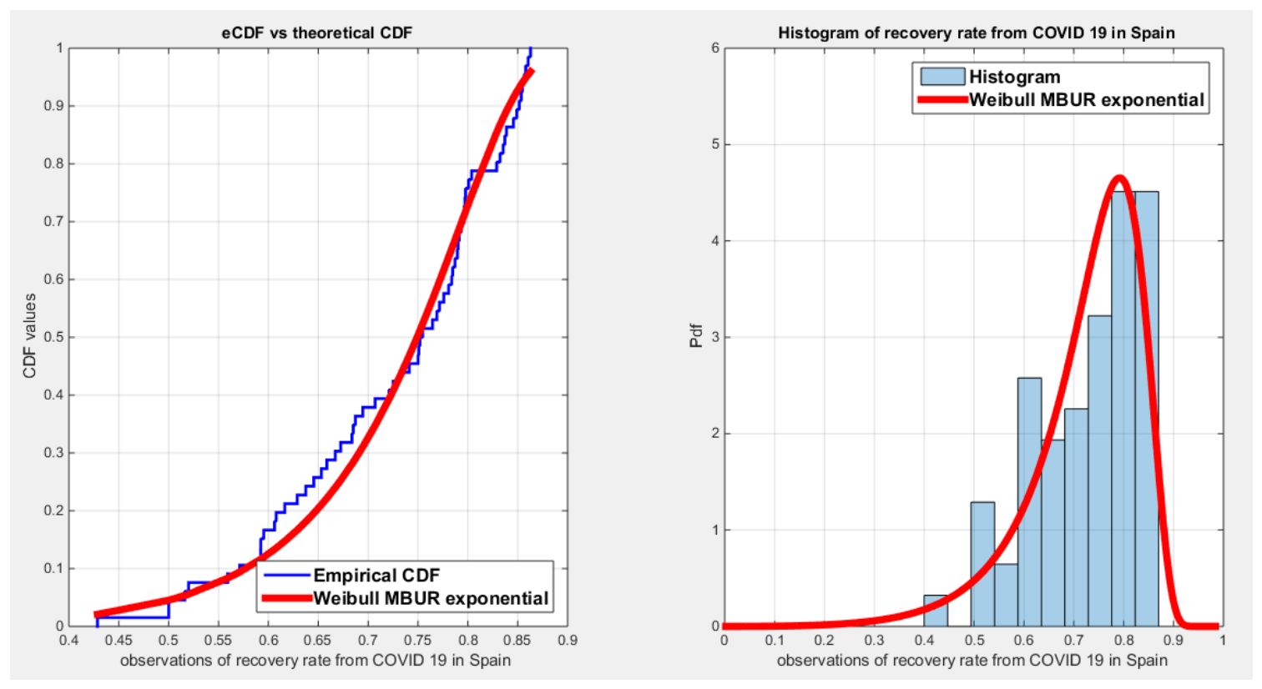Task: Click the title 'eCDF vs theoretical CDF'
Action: [316, 33]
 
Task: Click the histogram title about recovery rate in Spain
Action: [977, 33]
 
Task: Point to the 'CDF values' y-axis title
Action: [29, 336]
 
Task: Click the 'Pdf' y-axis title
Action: [696, 336]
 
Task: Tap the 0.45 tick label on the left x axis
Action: [119, 641]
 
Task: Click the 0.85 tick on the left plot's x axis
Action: [517, 641]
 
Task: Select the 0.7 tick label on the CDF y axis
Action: [53, 221]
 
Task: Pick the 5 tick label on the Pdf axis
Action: [715, 144]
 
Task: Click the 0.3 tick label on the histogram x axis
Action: [874, 641]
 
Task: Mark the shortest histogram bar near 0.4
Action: [935, 611]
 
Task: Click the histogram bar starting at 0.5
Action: [982, 564]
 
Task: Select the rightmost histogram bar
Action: [1147, 410]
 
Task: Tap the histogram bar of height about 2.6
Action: [1029, 502]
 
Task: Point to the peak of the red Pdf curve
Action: [1119, 179]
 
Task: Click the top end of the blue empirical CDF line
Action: [530, 49]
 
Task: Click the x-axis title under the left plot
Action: [315, 661]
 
